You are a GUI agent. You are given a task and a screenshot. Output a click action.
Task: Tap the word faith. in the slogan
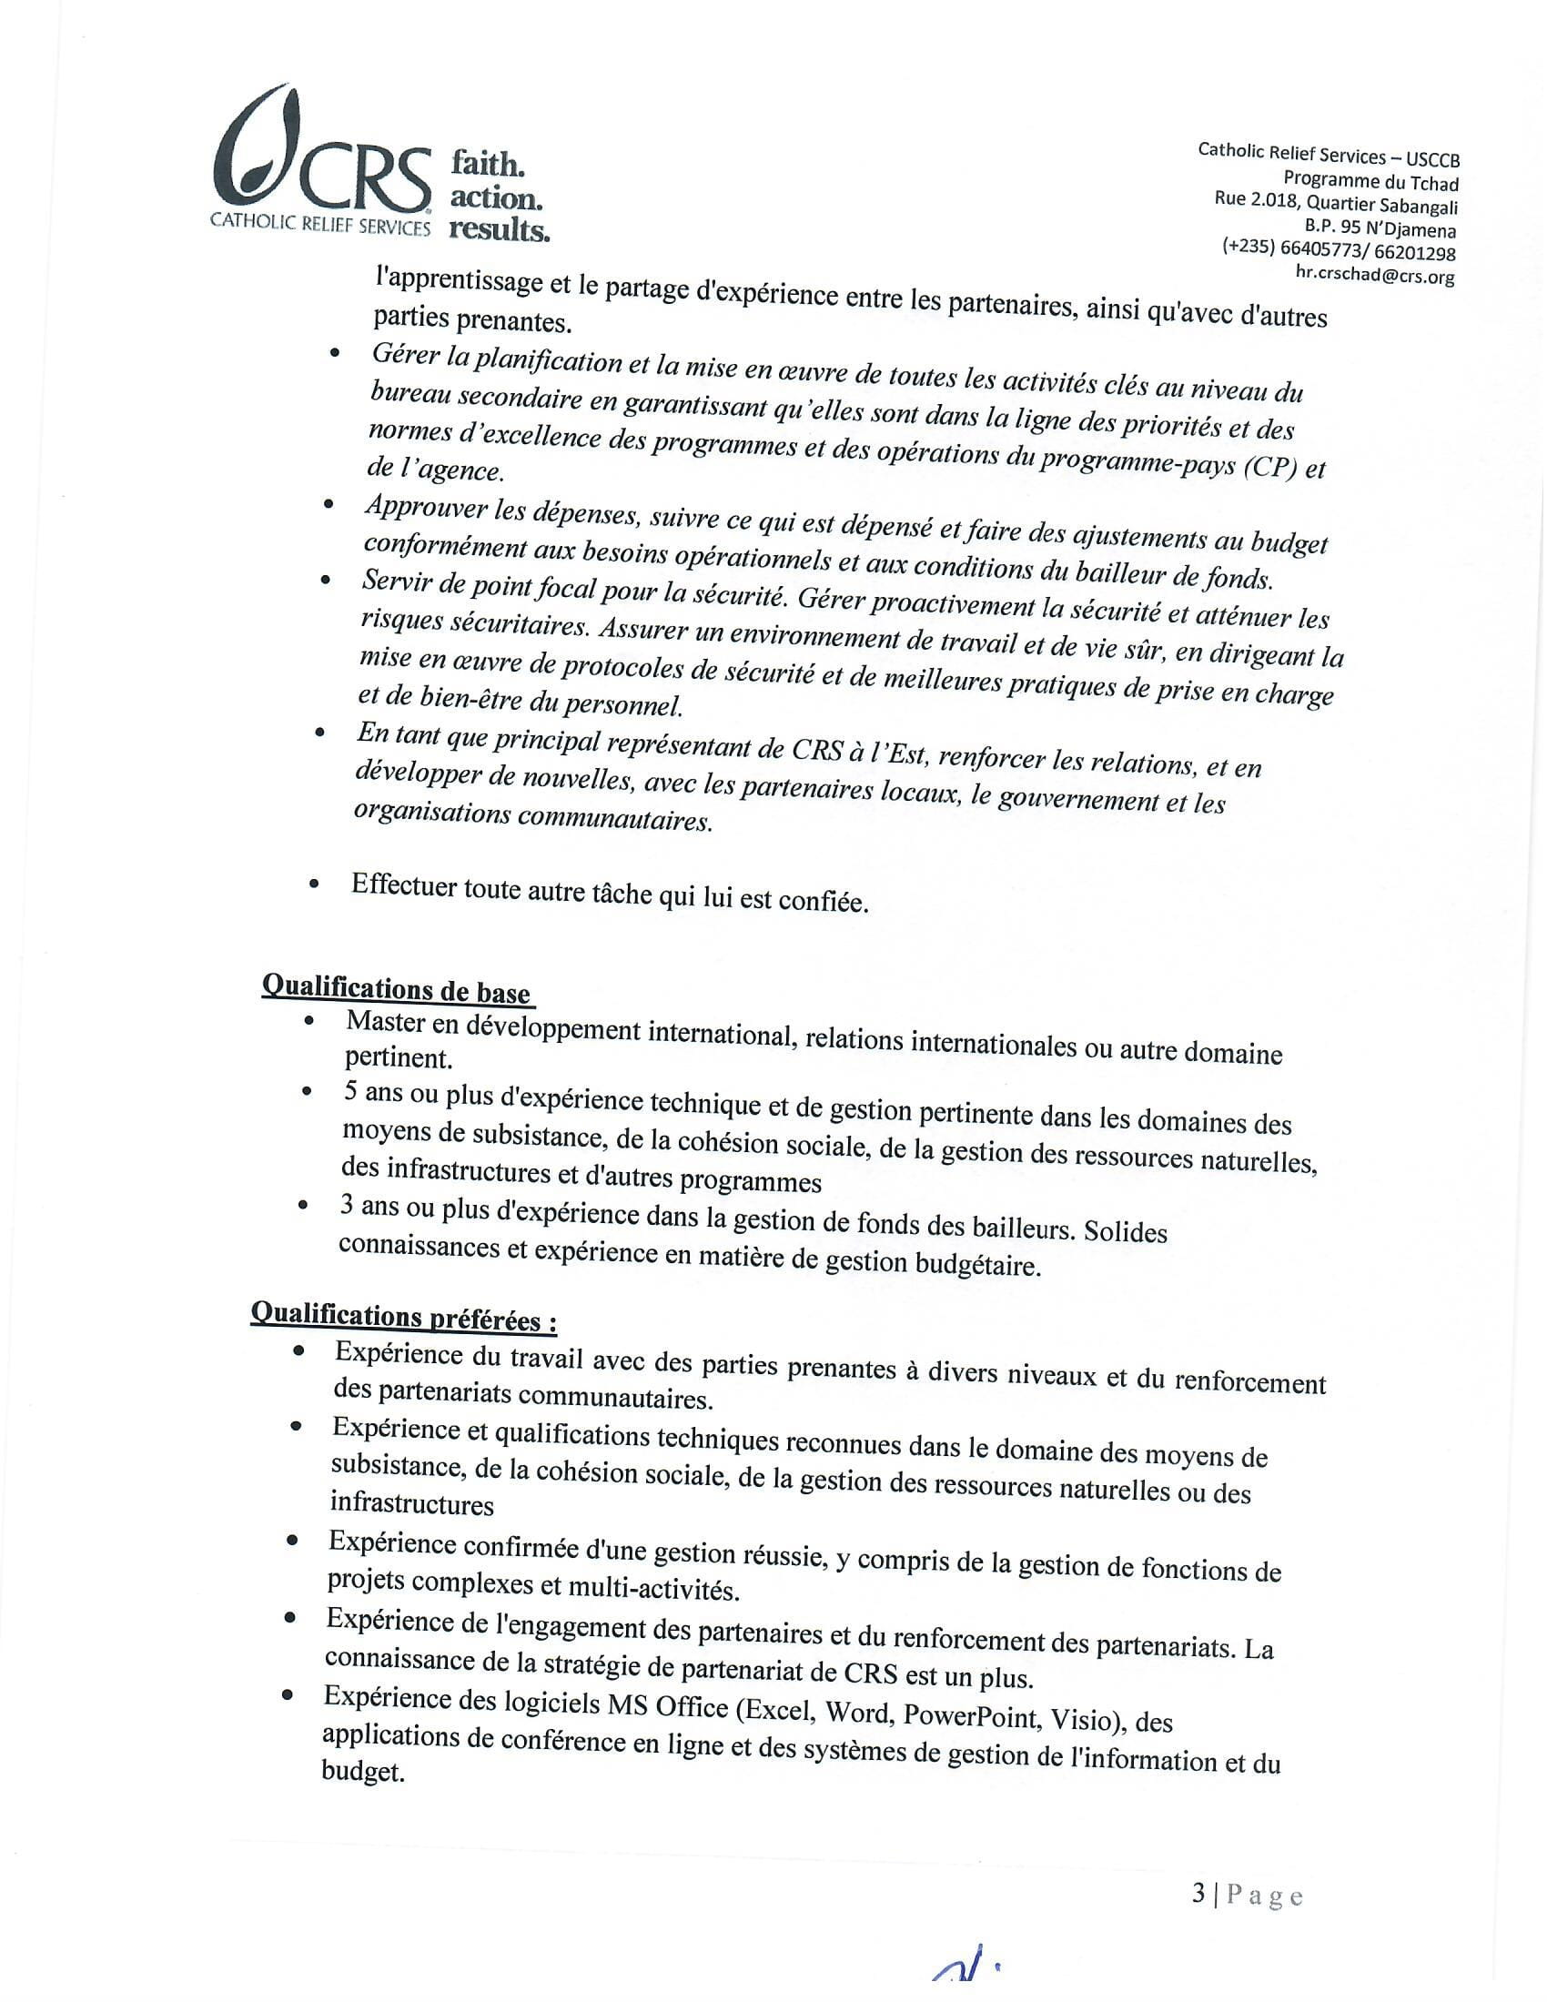[x=487, y=165]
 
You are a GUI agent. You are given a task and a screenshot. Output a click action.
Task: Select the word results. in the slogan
[x=500, y=229]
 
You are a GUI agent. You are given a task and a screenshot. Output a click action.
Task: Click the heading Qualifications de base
[x=396, y=990]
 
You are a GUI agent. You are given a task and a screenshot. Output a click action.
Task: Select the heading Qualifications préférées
[x=403, y=1319]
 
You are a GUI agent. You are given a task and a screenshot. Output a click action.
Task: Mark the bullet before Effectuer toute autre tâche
[x=315, y=885]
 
